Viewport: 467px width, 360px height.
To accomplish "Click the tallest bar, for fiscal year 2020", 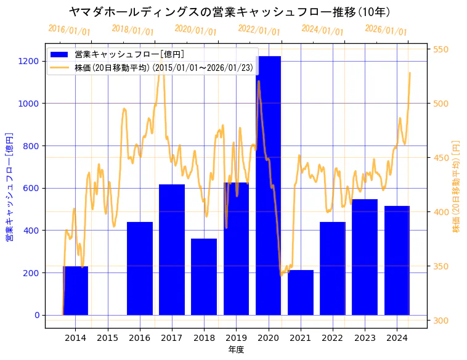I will click(x=268, y=185).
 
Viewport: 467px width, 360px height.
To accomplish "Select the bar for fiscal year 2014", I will click(x=75, y=290).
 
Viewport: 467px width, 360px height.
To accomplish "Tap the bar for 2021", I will click(x=301, y=292).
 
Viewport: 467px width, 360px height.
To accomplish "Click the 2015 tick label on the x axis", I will click(x=107, y=338).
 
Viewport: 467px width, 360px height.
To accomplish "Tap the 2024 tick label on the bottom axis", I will click(x=397, y=338).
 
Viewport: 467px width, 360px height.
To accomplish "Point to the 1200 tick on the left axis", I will click(x=29, y=61).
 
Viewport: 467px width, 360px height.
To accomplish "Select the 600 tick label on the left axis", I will click(x=31, y=188).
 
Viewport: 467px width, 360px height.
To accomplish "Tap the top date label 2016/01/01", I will click(x=69, y=30).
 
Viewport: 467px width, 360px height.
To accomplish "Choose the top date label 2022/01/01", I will click(x=259, y=30).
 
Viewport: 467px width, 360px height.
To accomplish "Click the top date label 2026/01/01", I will click(x=386, y=30).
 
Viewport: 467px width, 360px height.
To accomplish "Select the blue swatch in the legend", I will click(x=60, y=55).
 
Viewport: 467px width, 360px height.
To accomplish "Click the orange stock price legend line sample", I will click(x=60, y=67).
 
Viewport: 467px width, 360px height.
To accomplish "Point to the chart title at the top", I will click(x=229, y=12).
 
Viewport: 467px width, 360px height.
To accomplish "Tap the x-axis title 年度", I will click(x=236, y=350).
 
